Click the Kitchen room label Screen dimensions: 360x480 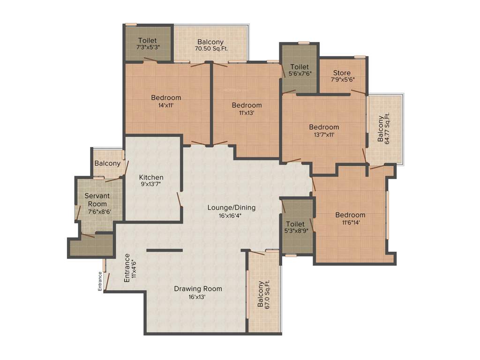coord(151,177)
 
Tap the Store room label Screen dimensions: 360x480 coord(342,73)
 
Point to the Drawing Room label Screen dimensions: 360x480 coord(198,289)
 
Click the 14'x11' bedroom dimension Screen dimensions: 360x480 coord(166,105)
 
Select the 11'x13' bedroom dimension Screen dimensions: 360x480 coord(247,112)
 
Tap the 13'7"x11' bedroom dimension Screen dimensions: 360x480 coord(323,135)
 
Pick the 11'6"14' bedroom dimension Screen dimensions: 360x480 coord(350,223)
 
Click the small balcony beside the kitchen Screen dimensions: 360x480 coord(107,164)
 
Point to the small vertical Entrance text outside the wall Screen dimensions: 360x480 coord(100,282)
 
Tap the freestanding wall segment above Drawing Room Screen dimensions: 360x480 coord(165,250)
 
